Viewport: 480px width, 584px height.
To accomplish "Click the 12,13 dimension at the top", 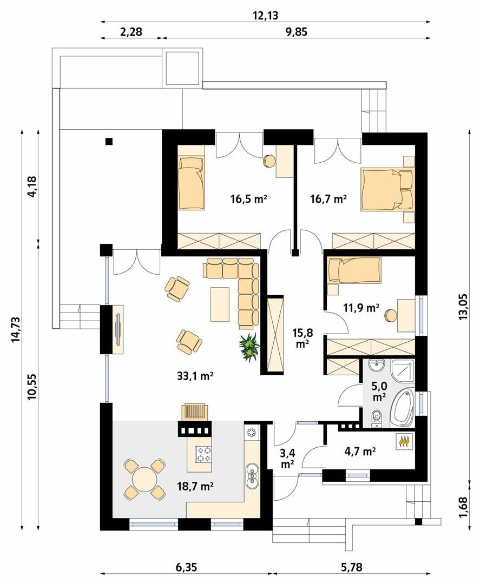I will [x=265, y=15].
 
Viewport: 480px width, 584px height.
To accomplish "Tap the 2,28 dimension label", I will [x=131, y=32].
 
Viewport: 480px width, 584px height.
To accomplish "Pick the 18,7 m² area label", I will [x=195, y=487].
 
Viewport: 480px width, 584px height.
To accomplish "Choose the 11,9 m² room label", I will [x=361, y=308].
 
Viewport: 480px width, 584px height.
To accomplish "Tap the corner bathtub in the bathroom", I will [x=403, y=409].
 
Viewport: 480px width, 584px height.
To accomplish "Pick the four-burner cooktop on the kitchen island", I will [x=203, y=454].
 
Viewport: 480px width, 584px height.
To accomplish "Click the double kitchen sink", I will [x=252, y=474].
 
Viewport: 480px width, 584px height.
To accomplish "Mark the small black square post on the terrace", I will [x=109, y=142].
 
